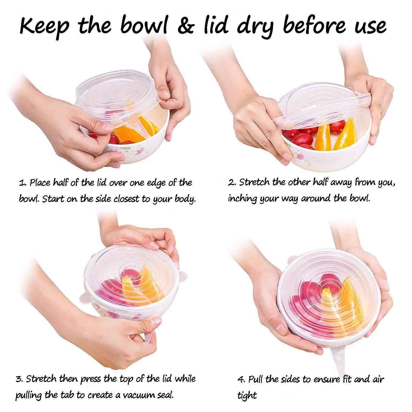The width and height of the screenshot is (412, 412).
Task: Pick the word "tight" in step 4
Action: [247, 396]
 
